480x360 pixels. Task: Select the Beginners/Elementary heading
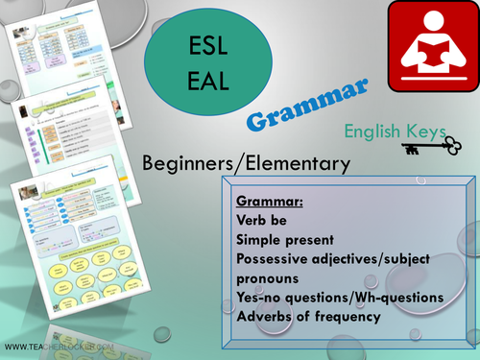tap(245, 164)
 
